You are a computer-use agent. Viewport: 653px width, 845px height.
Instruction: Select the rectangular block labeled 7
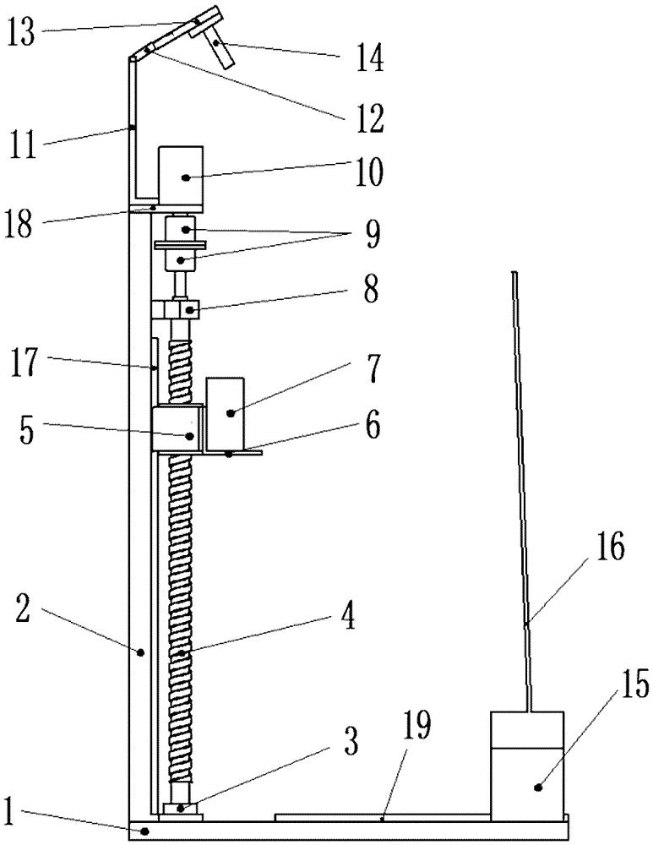click(x=226, y=412)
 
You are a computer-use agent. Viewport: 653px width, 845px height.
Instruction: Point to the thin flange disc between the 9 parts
click(x=181, y=247)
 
